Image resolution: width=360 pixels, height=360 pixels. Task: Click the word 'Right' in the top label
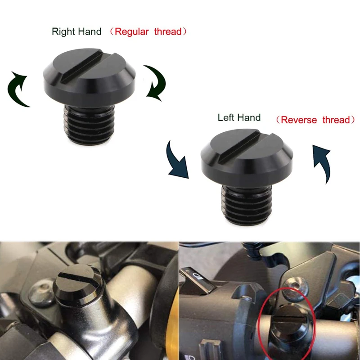tap(63, 31)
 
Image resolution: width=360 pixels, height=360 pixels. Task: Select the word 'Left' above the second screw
tap(226, 117)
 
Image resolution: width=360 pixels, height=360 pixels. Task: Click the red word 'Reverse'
tap(299, 120)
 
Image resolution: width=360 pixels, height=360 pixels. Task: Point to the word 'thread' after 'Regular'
tap(168, 31)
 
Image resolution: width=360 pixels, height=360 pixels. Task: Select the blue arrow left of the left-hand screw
tap(177, 160)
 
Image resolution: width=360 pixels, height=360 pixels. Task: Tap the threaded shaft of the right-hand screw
tap(89, 125)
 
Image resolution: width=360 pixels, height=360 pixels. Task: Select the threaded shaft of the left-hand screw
tap(247, 205)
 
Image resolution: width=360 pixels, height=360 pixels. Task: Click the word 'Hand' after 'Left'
tap(249, 117)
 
